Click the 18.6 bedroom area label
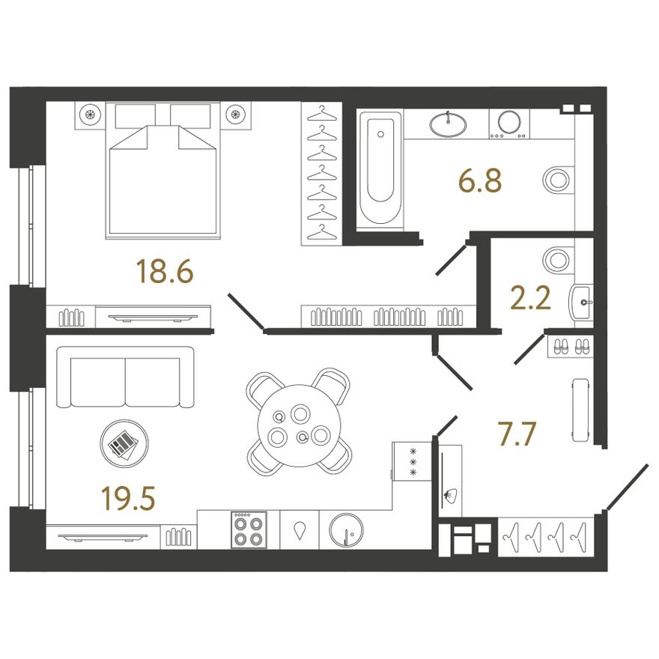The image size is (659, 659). point(165,271)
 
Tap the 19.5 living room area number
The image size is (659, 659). point(128,498)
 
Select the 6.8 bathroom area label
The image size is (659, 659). point(480,180)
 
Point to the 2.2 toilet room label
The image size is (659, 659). point(530,298)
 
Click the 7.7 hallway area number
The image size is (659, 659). point(517,434)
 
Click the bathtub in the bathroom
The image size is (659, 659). point(380,170)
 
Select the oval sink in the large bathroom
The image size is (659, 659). point(448,124)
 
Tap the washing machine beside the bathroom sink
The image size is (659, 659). point(509,124)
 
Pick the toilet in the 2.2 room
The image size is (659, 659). point(558,260)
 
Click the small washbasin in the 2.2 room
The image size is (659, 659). point(581,302)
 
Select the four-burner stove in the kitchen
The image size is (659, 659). point(249,529)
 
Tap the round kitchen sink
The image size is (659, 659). point(346,530)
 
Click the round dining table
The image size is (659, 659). point(300,425)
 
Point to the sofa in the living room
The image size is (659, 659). point(125,377)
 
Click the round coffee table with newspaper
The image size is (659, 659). point(124,443)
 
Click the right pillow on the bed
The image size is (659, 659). point(190,115)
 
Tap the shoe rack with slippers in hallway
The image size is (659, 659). point(571,346)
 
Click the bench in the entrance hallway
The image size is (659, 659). point(580,410)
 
